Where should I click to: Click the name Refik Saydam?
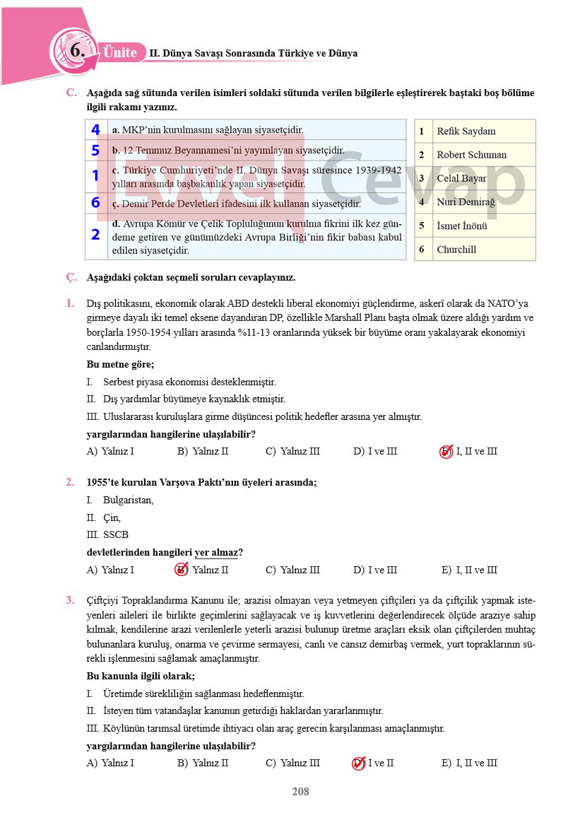coord(466,131)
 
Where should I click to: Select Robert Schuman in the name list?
coord(471,155)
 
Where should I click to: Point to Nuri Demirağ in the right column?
coord(466,202)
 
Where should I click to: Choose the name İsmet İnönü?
coord(461,226)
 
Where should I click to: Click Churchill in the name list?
coord(456,250)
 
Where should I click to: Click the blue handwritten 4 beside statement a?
coord(95,130)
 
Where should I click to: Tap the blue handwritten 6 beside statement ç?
coord(95,203)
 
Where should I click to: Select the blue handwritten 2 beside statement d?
coord(95,235)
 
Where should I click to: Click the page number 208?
coord(300,792)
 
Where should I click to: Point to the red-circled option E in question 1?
coord(446,452)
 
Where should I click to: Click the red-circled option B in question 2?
coord(182,570)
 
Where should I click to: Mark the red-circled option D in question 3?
coord(358,763)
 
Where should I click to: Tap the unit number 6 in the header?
coord(77,50)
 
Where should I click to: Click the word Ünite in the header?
coord(120,53)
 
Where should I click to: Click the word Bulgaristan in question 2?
coord(128,501)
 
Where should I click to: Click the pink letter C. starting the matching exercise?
coord(71,93)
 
